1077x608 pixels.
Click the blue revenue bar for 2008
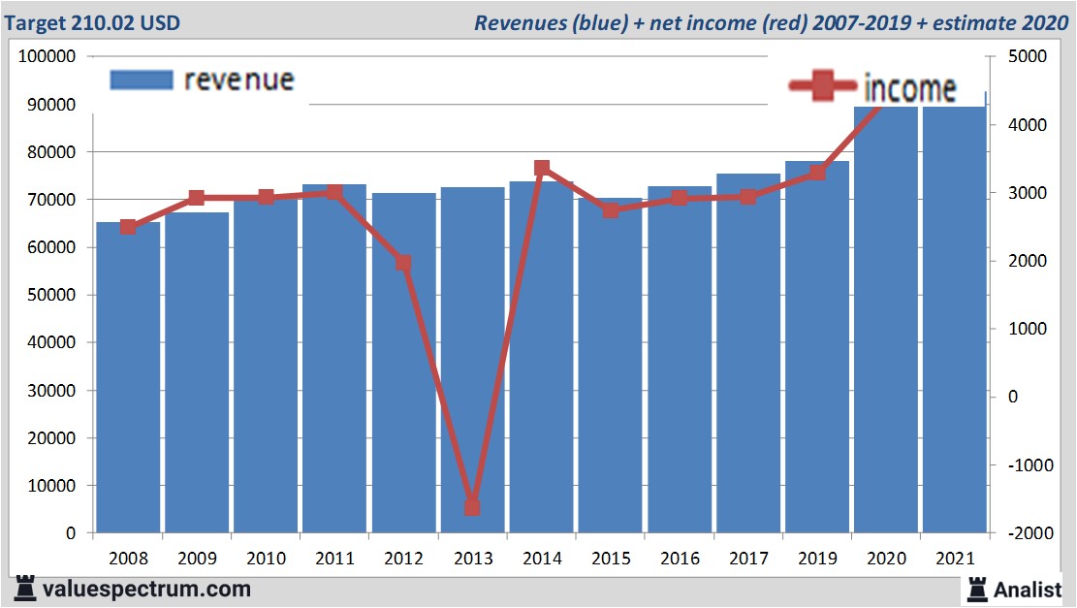(128, 378)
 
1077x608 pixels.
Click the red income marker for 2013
(472, 507)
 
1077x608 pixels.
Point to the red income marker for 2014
(542, 169)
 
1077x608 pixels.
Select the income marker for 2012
(403, 263)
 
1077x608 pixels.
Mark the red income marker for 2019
(817, 173)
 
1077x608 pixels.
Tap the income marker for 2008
(128, 227)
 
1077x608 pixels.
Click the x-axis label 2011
(334, 559)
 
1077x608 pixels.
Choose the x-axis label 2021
(955, 559)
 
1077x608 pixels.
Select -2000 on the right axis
(1029, 533)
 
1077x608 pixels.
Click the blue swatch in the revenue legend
(142, 80)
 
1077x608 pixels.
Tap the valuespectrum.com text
(145, 589)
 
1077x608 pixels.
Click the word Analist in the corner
(1029, 589)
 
